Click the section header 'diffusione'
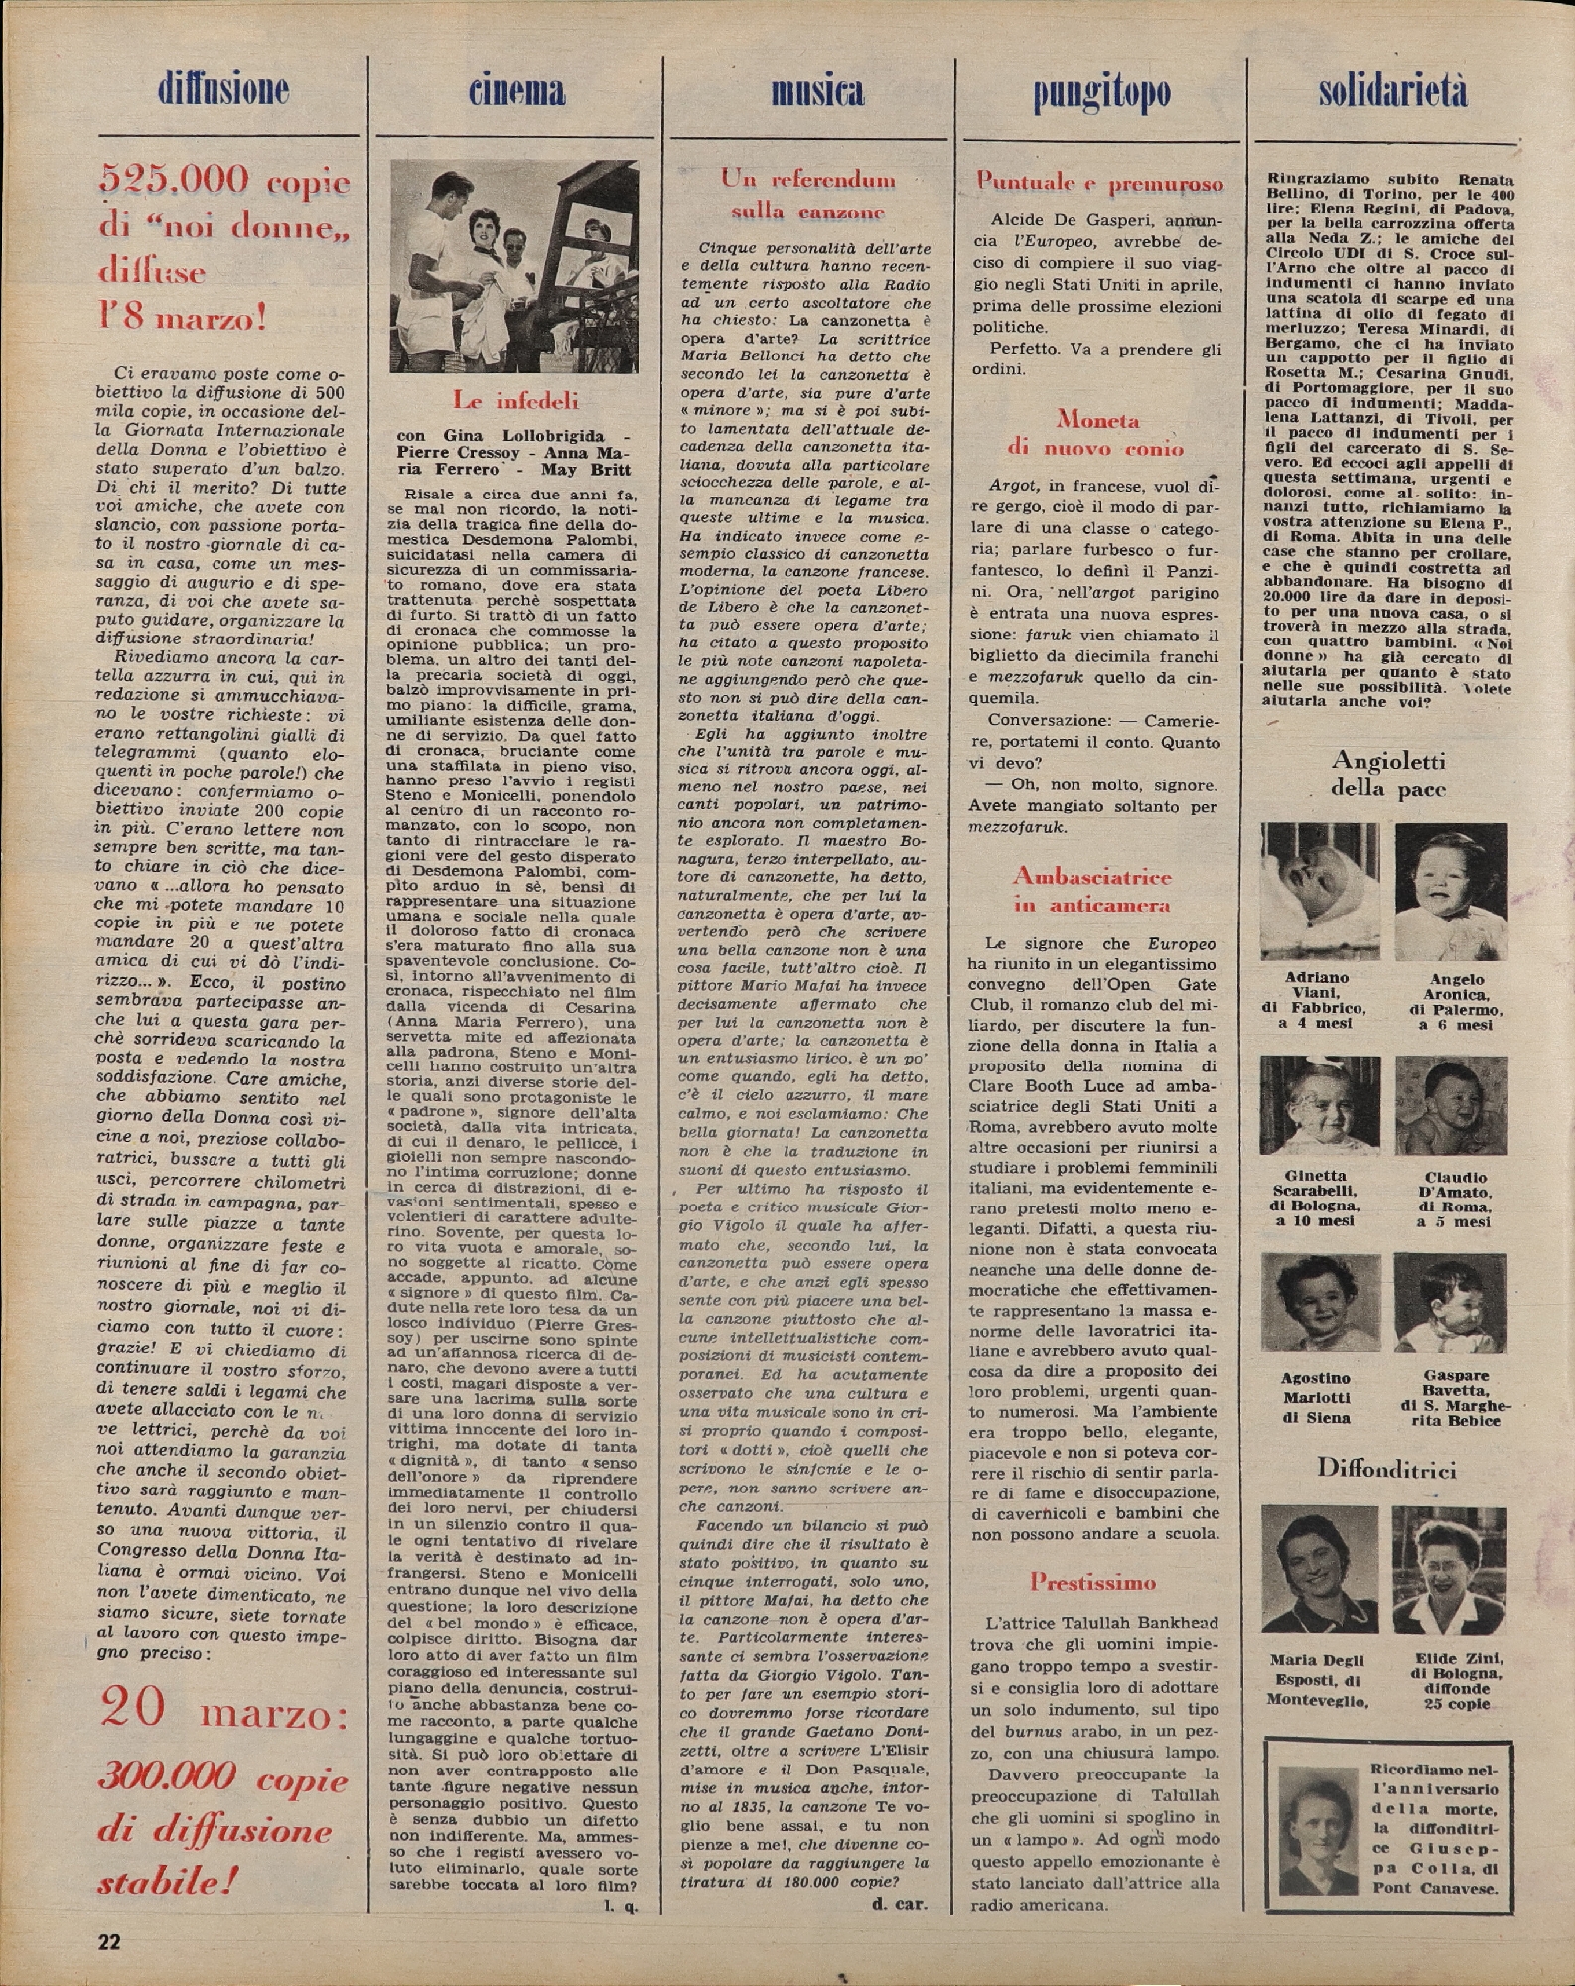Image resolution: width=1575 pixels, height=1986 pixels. pyautogui.click(x=223, y=91)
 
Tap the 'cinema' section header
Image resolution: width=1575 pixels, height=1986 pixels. pyautogui.click(x=517, y=92)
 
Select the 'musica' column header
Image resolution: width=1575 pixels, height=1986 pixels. pyautogui.click(x=817, y=92)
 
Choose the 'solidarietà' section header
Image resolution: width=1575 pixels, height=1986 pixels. pyautogui.click(x=1392, y=91)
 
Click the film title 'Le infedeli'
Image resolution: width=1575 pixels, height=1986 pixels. pyautogui.click(x=515, y=401)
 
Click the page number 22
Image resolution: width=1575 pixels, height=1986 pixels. pyautogui.click(x=109, y=1940)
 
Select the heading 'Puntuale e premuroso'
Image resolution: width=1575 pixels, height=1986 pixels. pyautogui.click(x=1099, y=183)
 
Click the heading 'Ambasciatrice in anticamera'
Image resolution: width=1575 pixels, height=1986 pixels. pyautogui.click(x=1091, y=890)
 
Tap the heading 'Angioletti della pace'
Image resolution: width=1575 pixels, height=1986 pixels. pyautogui.click(x=1387, y=775)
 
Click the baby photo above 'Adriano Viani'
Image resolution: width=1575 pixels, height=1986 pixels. pyautogui.click(x=1320, y=891)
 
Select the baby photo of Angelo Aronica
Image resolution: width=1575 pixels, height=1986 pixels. pyautogui.click(x=1451, y=891)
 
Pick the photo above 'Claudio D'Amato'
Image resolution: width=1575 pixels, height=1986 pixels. pyautogui.click(x=1451, y=1104)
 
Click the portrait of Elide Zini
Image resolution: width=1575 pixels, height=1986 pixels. pyautogui.click(x=1449, y=1569)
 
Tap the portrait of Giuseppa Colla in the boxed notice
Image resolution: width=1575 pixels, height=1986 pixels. pyautogui.click(x=1317, y=1830)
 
